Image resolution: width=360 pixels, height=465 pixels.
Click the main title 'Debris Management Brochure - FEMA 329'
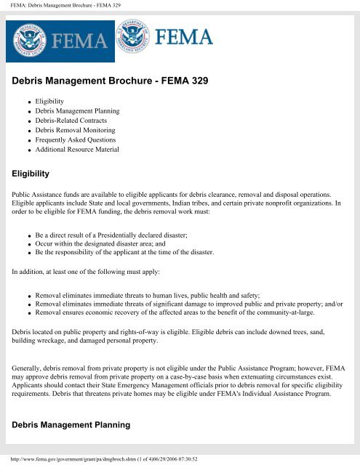tap(111, 82)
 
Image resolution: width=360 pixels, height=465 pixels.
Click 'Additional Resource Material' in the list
tap(79, 150)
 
